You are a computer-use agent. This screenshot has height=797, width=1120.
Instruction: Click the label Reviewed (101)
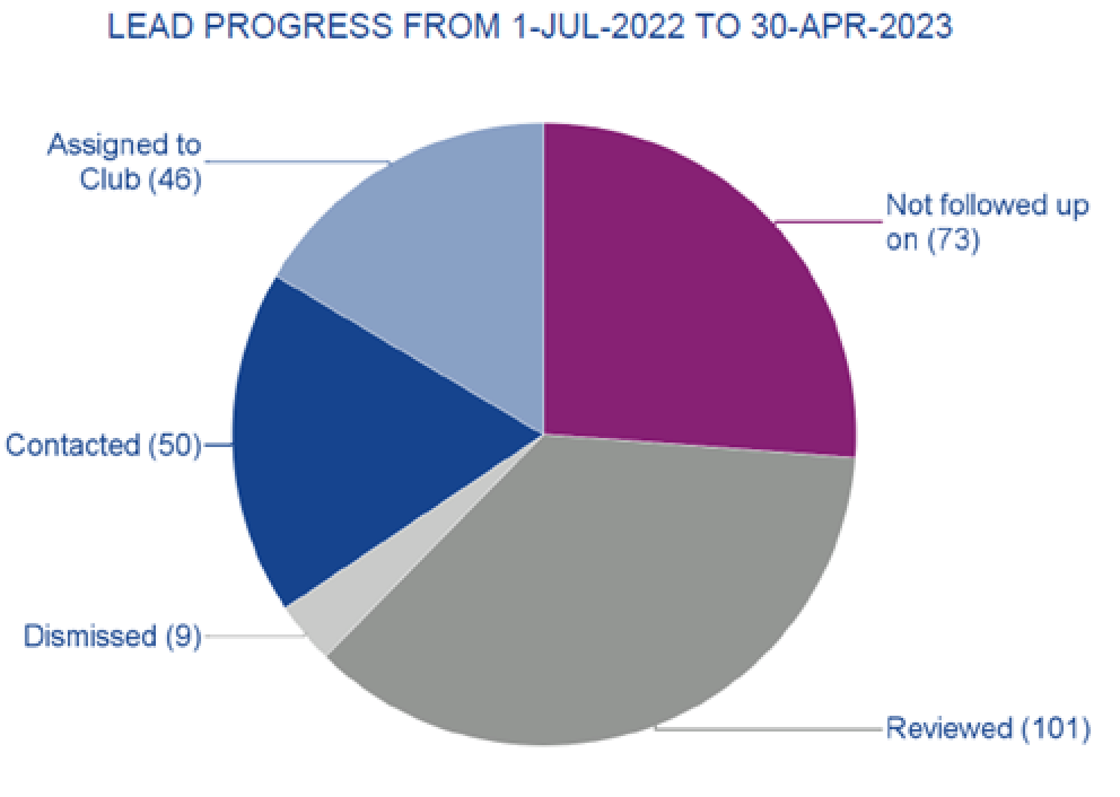[988, 728]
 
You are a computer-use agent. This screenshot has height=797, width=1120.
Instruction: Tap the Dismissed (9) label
[112, 636]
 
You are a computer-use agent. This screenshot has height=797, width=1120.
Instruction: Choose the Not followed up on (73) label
[987, 223]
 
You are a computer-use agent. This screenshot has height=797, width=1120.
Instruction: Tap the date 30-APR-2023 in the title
[851, 27]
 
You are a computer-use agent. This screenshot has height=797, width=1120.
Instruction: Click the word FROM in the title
[451, 27]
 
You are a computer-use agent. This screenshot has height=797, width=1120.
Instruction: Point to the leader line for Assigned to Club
[297, 162]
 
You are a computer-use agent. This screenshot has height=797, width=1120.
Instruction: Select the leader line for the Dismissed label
[252, 637]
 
